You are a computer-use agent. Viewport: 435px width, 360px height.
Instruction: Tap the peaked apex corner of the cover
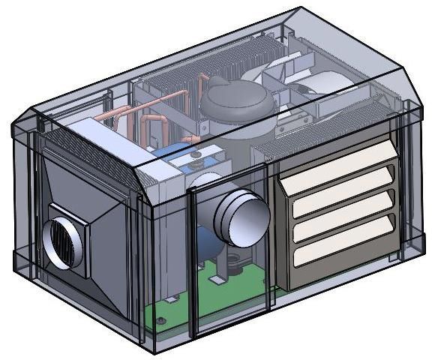click(300, 9)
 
